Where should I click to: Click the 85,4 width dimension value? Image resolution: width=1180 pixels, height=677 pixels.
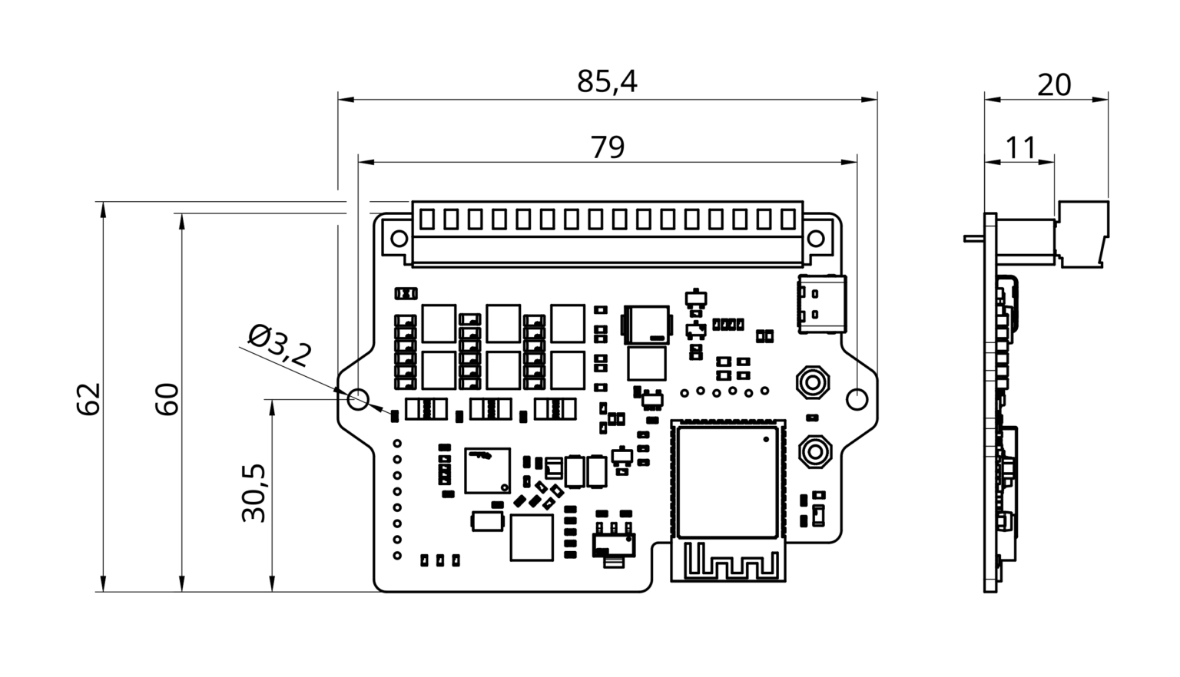(x=607, y=81)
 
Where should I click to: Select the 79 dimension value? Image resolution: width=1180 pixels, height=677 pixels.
(x=607, y=147)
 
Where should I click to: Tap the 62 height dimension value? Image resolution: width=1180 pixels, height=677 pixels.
(x=89, y=398)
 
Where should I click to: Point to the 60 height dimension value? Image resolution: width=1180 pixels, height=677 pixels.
(x=167, y=398)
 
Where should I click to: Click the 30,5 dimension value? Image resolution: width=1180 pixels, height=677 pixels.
(x=254, y=493)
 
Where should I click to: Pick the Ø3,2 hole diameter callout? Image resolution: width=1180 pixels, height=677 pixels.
(x=280, y=345)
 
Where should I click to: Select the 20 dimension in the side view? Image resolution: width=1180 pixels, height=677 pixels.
(x=1053, y=84)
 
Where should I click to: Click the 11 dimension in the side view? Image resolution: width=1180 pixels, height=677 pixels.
(x=1020, y=147)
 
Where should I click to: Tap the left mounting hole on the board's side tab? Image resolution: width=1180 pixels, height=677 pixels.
(x=358, y=398)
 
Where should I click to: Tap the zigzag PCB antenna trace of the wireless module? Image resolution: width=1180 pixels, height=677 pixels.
(x=728, y=561)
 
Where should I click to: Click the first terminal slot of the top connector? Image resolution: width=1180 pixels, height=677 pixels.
(x=427, y=220)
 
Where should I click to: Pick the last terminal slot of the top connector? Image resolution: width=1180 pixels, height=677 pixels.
(x=787, y=220)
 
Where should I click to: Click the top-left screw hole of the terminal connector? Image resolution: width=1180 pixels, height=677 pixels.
(x=399, y=238)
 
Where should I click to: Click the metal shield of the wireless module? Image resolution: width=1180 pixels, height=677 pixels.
(x=727, y=481)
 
